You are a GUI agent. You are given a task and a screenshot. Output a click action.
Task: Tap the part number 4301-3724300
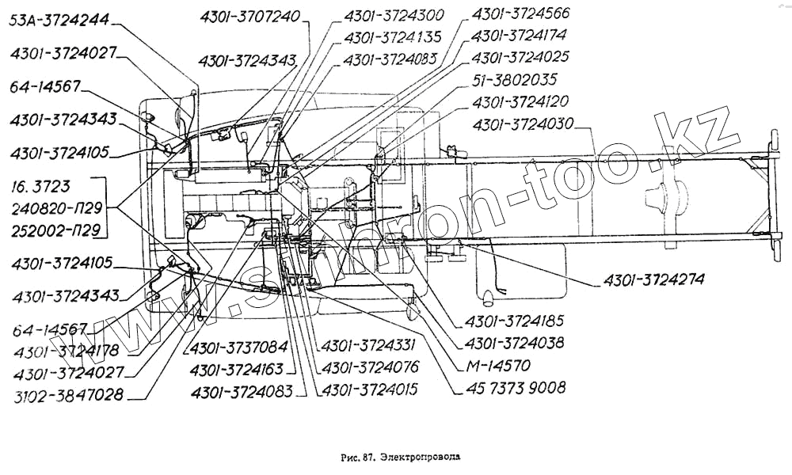click(x=394, y=16)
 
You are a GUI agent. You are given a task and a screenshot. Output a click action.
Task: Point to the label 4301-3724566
click(x=520, y=14)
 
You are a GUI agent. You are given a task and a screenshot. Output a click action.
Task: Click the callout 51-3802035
click(x=515, y=80)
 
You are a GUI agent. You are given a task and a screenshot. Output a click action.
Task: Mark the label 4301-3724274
click(x=654, y=280)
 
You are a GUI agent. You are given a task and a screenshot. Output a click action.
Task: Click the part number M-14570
click(x=499, y=366)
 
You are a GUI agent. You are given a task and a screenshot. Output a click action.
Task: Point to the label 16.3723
click(x=40, y=188)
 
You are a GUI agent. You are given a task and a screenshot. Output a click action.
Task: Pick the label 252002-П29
click(x=55, y=231)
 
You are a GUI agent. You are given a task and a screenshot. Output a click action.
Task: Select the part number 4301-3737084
click(x=238, y=348)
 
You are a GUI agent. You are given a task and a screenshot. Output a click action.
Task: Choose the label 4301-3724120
click(x=520, y=102)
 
